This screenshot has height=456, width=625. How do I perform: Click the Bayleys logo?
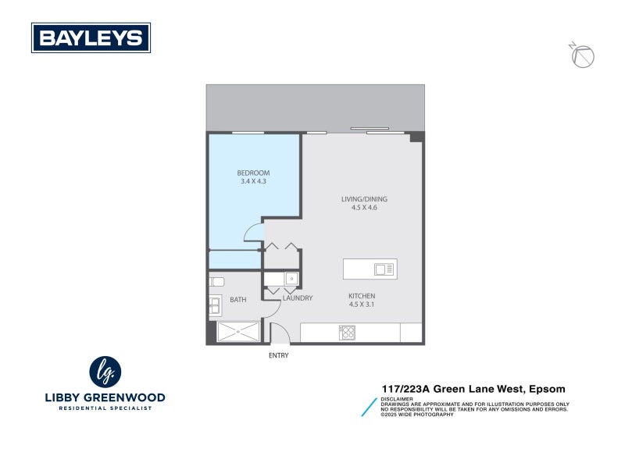click(91, 37)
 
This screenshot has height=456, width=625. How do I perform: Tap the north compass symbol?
click(582, 55)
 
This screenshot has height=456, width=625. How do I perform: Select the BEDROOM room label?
click(253, 173)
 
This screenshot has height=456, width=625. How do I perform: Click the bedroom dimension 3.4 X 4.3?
click(253, 181)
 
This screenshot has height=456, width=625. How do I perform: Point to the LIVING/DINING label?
click(364, 199)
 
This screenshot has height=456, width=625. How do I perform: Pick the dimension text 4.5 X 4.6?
click(364, 208)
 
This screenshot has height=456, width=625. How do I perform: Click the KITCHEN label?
click(362, 296)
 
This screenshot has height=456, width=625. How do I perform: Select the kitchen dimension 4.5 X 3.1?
click(362, 305)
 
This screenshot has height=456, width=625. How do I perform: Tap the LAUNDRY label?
click(298, 298)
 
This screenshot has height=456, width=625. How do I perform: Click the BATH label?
click(238, 300)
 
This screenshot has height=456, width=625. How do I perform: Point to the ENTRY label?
click(279, 355)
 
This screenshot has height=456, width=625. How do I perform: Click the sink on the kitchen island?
click(384, 269)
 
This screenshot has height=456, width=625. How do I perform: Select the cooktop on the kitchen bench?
click(347, 333)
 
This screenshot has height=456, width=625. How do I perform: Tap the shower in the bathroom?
click(238, 331)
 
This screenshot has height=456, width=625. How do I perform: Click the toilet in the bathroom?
click(216, 282)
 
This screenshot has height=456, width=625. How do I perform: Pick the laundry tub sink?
click(291, 279)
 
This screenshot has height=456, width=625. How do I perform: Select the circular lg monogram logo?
click(105, 372)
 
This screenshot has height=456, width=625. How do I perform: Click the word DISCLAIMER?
click(397, 399)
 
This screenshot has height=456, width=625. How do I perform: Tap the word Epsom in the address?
click(547, 389)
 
